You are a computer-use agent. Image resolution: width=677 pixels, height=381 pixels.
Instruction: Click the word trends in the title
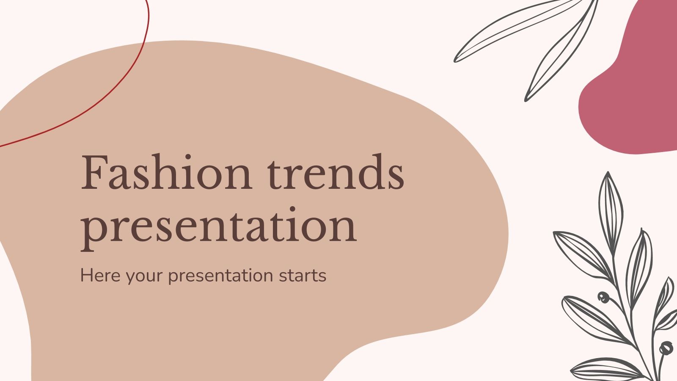[x=336, y=173]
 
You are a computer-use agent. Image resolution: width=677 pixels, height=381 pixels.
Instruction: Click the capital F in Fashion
[x=94, y=172]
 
